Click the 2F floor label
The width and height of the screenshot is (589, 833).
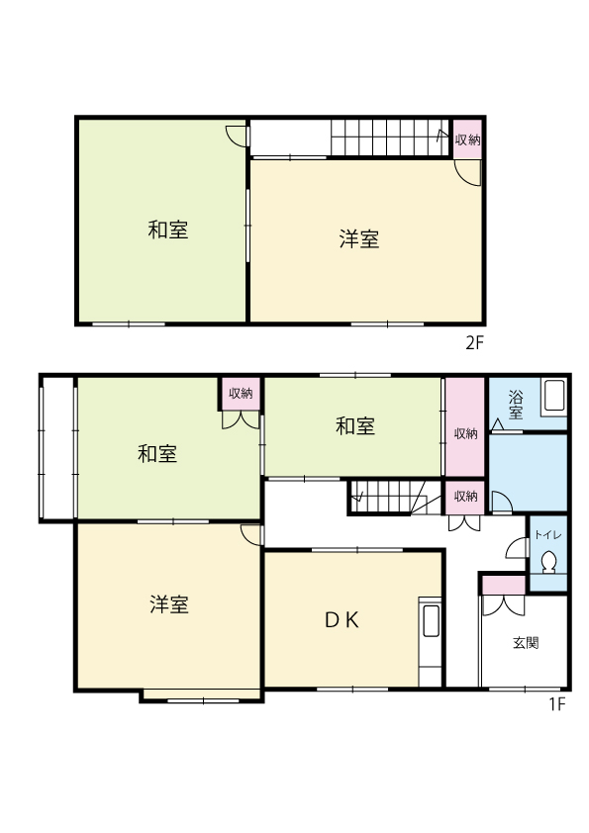click(475, 343)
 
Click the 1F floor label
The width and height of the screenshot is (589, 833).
click(557, 704)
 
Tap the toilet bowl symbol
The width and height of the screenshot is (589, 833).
click(548, 563)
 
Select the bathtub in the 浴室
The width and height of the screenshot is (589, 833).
click(554, 397)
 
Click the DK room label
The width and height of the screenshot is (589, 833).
click(342, 620)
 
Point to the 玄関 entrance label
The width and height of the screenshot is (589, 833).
click(526, 643)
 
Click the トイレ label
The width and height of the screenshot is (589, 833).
click(548, 535)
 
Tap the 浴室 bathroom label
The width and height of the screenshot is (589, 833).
click(515, 405)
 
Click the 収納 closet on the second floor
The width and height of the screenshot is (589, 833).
click(468, 139)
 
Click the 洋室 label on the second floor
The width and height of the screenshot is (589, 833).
click(359, 239)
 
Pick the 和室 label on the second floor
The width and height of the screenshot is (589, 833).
click(168, 231)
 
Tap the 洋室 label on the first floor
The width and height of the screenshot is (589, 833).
click(169, 605)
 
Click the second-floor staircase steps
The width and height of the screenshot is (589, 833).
click(391, 138)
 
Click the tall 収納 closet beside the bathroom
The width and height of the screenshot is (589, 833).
click(465, 426)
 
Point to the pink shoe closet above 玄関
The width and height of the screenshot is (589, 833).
click(504, 585)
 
